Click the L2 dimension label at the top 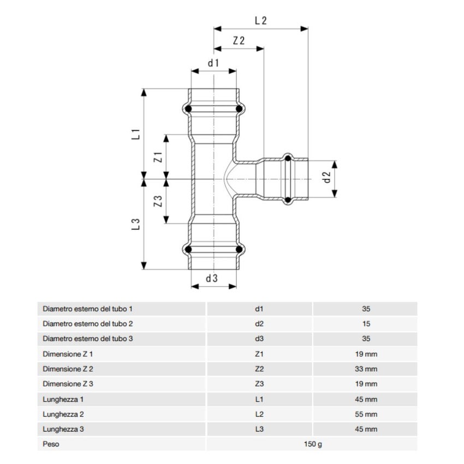pyautogui.click(x=260, y=21)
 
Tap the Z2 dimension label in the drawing pyautogui.click(x=239, y=41)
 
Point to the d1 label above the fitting pyautogui.click(x=213, y=63)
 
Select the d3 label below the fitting pyautogui.click(x=212, y=278)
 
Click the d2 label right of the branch pyautogui.click(x=327, y=177)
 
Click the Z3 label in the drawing pyautogui.click(x=158, y=201)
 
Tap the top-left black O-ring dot pyautogui.click(x=188, y=110)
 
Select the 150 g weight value pyautogui.click(x=313, y=444)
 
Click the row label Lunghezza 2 pyautogui.click(x=63, y=414)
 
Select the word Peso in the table pyautogui.click(x=51, y=444)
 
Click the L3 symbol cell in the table pyautogui.click(x=259, y=430)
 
